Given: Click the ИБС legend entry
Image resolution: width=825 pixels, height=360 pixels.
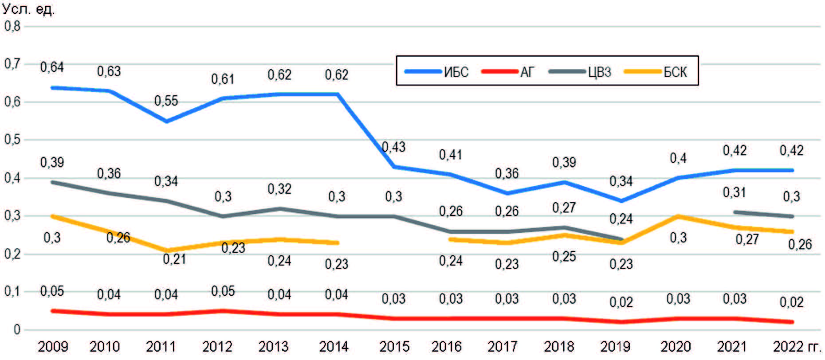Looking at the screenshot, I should pos(437,71).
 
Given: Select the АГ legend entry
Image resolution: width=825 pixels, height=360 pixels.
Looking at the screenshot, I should pos(508,71).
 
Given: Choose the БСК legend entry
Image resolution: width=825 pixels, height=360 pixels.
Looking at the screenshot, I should pos(656,71).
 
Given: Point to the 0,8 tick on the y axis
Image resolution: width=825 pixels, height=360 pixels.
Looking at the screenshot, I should pos(12,26).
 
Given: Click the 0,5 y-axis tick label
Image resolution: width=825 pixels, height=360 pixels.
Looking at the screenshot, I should pos(12,140).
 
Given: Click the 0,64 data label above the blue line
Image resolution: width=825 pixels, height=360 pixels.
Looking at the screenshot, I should pos(52,67).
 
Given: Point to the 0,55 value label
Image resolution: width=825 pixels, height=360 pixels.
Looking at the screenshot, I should pos(166,101).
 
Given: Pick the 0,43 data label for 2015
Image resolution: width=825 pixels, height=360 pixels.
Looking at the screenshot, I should pos(394,147).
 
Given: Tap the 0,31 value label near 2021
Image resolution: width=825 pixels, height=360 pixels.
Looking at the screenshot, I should pos(735,192).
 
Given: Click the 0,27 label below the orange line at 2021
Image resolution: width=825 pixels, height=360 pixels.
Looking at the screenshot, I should pos(747,240).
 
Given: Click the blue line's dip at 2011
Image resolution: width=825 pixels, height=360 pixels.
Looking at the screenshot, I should pos(166,121).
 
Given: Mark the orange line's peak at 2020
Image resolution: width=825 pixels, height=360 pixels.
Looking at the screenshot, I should pos(678,216).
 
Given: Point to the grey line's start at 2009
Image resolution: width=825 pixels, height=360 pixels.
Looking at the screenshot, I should pos(53,182).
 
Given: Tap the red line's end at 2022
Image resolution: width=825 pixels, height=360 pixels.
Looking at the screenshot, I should pos(792,322).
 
